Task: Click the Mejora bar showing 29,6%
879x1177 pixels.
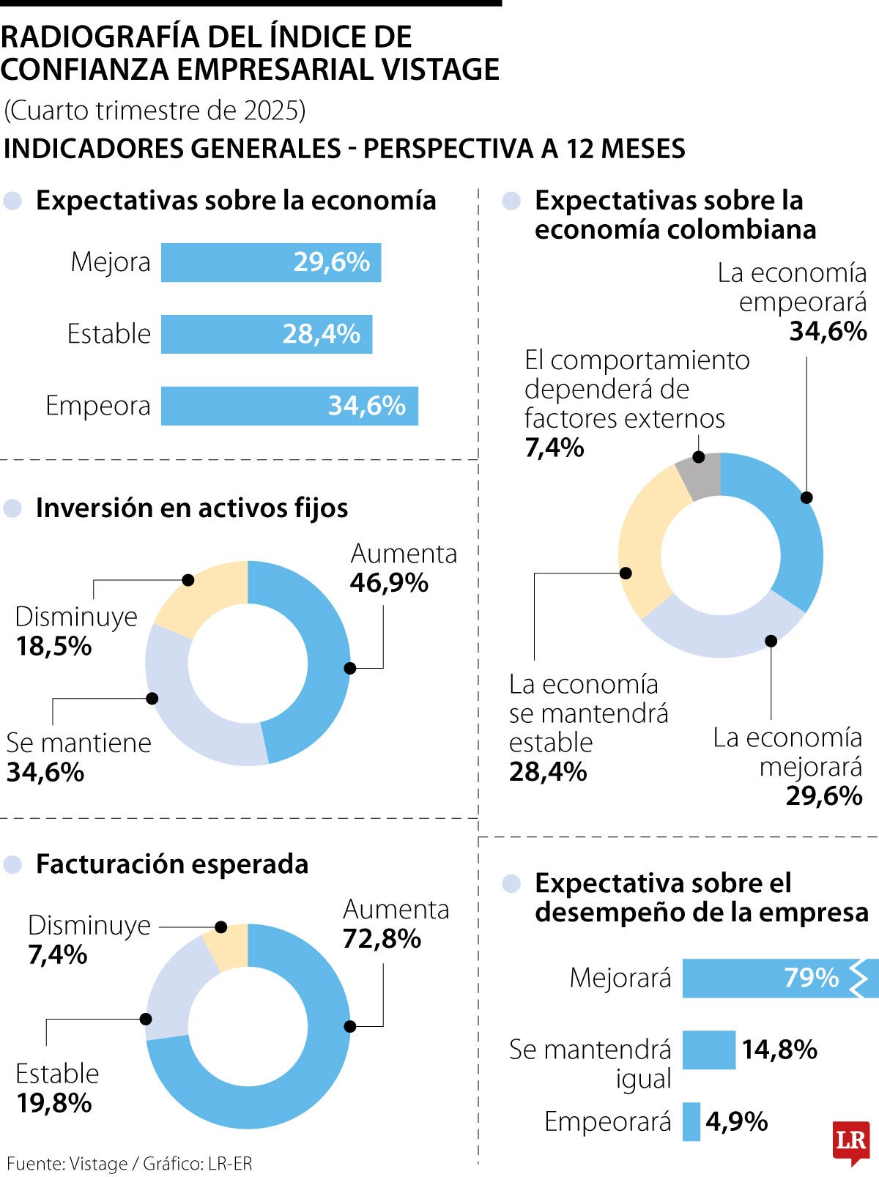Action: point(270,262)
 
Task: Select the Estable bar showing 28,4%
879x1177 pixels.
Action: point(266,334)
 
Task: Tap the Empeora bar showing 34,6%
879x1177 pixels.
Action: point(289,406)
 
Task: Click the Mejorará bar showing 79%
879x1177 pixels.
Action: point(769,978)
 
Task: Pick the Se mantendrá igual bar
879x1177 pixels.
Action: point(708,1050)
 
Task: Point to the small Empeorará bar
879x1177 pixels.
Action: point(691,1121)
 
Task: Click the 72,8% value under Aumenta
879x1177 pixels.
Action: point(382,938)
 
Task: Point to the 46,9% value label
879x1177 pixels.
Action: point(389,583)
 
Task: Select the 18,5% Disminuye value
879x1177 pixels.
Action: point(53,646)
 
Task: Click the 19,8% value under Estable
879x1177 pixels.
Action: point(53,1102)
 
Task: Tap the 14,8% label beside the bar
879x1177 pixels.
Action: point(779,1050)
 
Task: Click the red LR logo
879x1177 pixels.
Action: point(850,1141)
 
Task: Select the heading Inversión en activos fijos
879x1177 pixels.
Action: point(191,508)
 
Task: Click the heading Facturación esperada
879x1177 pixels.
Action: point(172,864)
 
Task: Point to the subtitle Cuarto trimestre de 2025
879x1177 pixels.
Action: point(155,110)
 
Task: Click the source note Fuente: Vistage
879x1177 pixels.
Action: point(66,1163)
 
